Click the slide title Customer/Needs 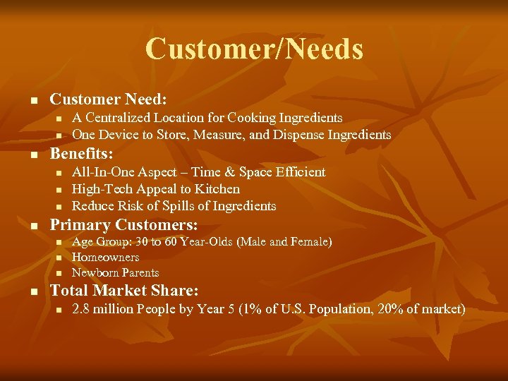254,49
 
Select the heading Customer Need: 108,99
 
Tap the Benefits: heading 81,153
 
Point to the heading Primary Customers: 123,225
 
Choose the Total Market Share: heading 124,290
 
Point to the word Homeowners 106,258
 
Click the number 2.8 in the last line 81,309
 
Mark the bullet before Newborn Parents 59,273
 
